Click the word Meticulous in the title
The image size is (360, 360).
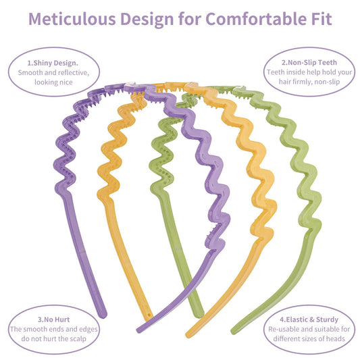pos(72,19)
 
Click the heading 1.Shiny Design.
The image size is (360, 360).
pos(53,63)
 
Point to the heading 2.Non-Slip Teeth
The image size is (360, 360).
pos(309,62)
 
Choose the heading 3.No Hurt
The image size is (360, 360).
pos(54,319)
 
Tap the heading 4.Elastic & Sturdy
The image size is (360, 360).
pos(309,319)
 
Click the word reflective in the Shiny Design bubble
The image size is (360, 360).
pos(74,73)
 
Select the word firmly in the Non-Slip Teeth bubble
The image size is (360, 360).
pos(301,82)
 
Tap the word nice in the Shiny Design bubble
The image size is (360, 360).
pos(66,82)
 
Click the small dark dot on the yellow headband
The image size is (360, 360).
pos(149,315)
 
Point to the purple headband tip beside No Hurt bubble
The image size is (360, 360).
pos(103,315)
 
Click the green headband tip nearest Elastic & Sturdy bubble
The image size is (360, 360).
pos(234,330)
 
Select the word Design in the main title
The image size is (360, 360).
pos(147,19)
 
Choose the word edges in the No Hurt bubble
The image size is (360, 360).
pos(88,330)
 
